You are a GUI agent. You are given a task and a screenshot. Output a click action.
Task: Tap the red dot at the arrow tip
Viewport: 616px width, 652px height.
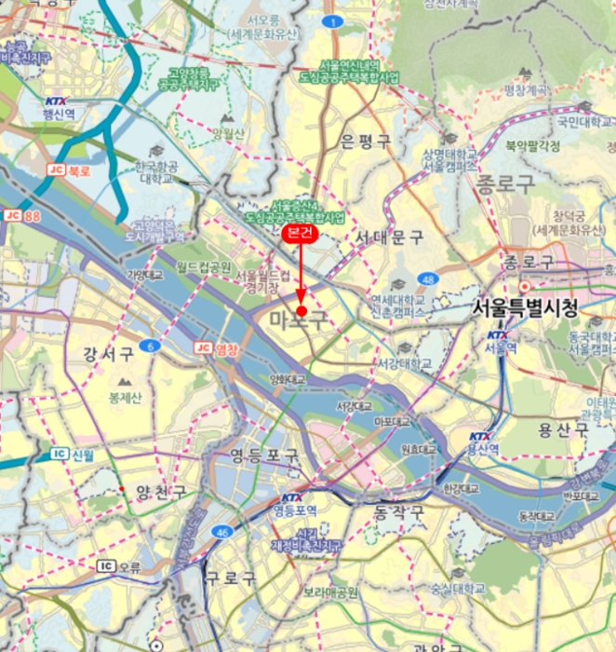tap(301, 311)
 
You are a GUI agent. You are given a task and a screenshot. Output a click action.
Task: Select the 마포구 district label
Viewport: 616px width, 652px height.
tap(299, 322)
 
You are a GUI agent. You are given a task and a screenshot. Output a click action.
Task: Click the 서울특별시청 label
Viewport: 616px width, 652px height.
tap(525, 307)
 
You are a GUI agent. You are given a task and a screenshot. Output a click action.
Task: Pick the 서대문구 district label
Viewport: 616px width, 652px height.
tap(390, 239)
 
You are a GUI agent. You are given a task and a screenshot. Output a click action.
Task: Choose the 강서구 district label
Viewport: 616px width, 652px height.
tap(108, 354)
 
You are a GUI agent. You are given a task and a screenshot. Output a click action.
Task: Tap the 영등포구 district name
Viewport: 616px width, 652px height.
tap(265, 456)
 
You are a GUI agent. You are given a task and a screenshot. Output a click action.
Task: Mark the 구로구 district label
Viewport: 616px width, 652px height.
tap(231, 578)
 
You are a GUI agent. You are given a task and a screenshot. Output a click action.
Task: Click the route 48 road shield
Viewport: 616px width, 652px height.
tap(427, 279)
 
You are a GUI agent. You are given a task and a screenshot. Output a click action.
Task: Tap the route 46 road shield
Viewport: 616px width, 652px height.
tap(221, 532)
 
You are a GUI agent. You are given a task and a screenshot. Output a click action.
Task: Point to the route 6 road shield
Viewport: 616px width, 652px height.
tap(152, 346)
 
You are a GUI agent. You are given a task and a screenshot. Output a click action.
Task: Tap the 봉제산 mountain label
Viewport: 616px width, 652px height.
tap(125, 397)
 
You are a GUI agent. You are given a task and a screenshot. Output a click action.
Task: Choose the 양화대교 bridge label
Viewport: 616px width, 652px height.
tap(288, 379)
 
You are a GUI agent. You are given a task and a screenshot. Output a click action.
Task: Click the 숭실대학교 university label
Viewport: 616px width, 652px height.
tap(456, 589)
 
